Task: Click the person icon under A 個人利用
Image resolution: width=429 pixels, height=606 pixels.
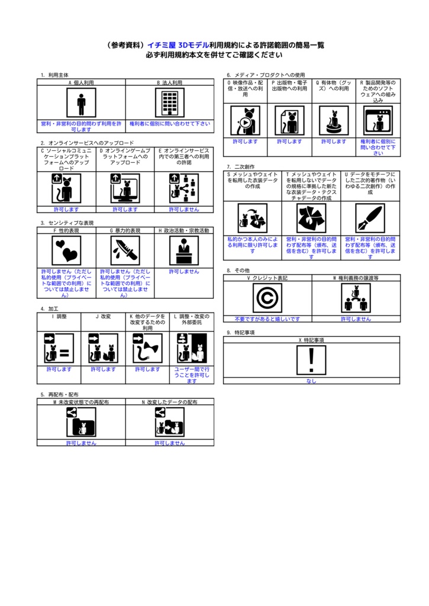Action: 81,104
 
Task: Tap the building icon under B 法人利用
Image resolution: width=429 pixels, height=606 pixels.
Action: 169,104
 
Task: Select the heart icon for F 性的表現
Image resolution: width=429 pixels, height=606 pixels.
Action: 66,251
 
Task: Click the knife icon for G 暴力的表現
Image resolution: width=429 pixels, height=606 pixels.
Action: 125,251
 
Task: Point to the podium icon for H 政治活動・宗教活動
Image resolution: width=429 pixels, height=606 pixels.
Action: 184,251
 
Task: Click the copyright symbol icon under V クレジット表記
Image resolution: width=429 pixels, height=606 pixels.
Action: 267,298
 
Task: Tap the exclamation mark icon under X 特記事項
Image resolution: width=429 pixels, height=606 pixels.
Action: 311,360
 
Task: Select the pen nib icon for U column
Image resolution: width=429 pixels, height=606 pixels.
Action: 370,218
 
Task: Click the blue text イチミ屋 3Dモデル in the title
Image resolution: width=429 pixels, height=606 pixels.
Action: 178,45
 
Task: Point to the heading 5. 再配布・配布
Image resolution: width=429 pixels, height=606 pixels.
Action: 59,394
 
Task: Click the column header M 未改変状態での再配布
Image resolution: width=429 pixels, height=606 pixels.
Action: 81,402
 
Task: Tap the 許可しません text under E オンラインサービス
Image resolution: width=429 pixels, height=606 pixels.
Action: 184,209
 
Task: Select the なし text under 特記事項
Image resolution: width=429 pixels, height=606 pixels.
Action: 311,381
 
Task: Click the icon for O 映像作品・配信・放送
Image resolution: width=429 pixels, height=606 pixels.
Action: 245,121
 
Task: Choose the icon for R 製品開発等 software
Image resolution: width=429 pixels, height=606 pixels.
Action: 378,121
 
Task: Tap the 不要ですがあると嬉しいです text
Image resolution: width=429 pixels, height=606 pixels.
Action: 267,318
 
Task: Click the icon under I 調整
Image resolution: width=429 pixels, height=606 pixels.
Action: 59,349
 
